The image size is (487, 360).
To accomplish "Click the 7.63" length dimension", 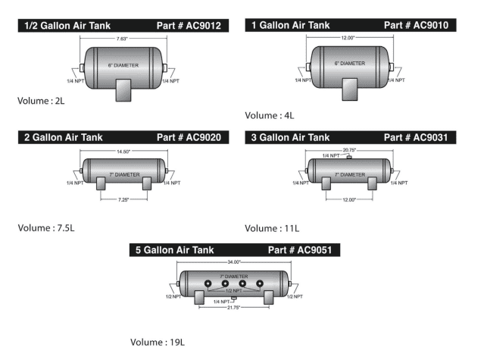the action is point(122,39).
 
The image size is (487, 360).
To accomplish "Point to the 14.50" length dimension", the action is point(123,152).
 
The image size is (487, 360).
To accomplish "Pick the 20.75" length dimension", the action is point(349,150).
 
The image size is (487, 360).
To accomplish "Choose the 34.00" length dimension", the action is point(234,262).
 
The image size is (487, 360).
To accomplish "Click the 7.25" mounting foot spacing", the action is point(123,199).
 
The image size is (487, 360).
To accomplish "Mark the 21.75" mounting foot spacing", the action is point(233,308).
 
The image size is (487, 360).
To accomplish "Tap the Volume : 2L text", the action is point(41,101).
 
